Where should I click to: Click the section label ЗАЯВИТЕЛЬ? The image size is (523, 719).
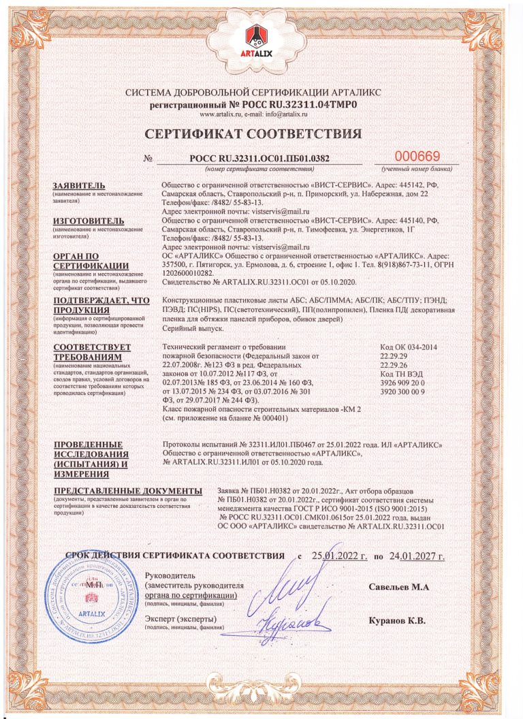tap(79, 186)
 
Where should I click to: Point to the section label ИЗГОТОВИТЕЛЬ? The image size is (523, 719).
tap(89, 221)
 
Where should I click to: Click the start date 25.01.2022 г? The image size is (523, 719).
tap(339, 556)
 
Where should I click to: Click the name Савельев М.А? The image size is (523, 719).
tap(399, 587)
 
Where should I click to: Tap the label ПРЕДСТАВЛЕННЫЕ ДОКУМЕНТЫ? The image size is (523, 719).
tap(127, 491)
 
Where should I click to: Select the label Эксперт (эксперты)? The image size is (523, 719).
tap(180, 618)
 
